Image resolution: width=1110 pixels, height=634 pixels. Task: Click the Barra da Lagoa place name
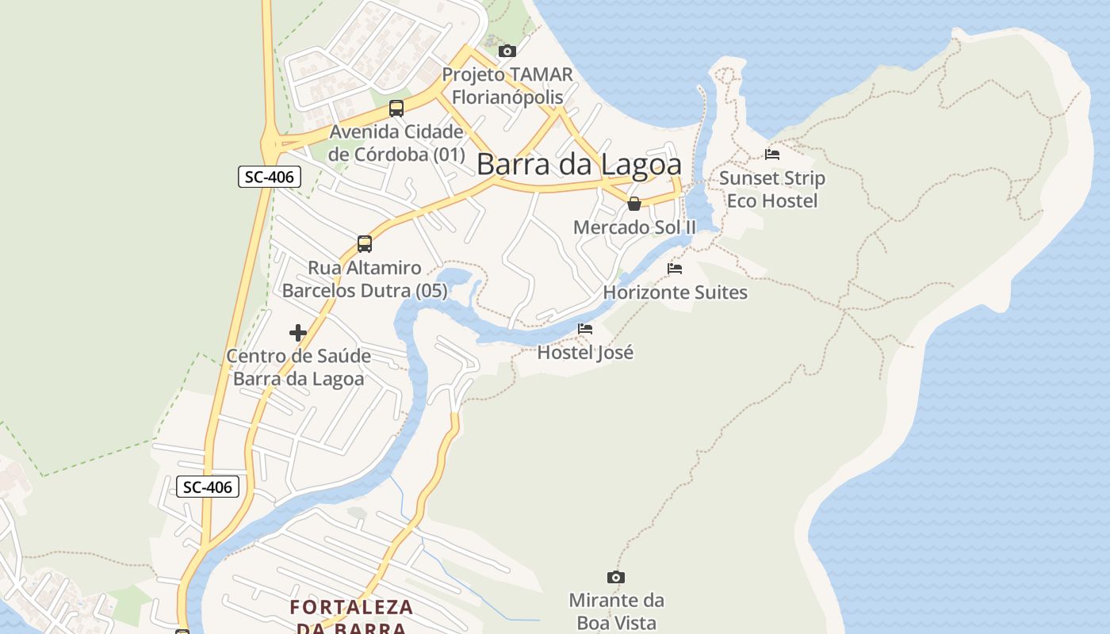click(579, 164)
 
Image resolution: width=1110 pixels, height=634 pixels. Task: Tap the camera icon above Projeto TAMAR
click(507, 52)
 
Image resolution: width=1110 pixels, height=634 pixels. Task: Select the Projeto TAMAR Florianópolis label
click(507, 86)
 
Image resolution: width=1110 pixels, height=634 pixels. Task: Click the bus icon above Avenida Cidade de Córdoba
click(396, 109)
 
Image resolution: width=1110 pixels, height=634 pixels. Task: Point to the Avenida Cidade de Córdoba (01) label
click(396, 143)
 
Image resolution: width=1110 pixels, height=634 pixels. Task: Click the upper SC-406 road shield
click(270, 177)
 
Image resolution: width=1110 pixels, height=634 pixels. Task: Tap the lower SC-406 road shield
click(207, 487)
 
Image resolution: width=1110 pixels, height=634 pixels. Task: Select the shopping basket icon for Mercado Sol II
click(633, 204)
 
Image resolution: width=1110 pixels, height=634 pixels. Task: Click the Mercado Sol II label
click(633, 227)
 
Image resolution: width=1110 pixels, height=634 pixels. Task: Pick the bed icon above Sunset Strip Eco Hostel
click(772, 155)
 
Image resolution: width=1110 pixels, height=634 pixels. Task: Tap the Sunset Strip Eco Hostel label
click(772, 189)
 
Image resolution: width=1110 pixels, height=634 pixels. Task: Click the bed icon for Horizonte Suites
click(675, 269)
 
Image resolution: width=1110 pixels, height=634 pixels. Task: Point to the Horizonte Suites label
click(675, 292)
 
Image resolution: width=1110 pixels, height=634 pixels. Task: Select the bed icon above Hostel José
click(585, 329)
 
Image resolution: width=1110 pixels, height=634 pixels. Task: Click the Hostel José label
click(585, 353)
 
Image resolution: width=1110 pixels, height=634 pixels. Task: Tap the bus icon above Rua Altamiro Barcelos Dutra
click(365, 244)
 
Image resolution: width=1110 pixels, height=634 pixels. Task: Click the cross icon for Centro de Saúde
click(298, 333)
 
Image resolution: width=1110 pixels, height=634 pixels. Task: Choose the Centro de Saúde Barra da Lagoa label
click(298, 367)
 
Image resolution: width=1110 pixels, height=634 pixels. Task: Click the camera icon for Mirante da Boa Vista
click(616, 577)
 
